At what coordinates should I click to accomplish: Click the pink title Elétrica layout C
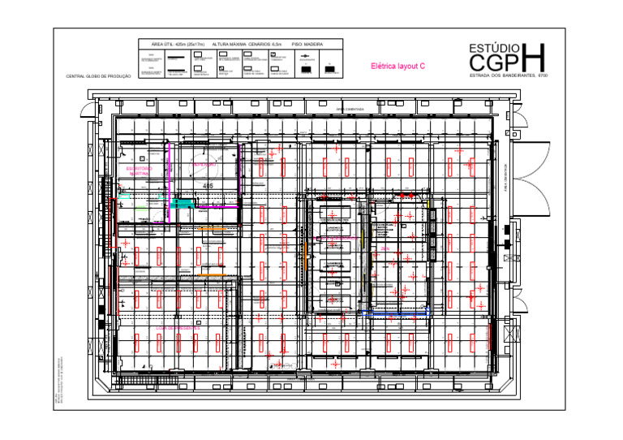coord(397,66)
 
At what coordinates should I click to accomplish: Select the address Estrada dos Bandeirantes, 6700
coord(509,76)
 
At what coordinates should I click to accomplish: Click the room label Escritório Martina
coord(139,171)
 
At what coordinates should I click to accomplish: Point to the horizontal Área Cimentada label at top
coord(350,109)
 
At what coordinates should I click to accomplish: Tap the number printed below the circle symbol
coord(208,186)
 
